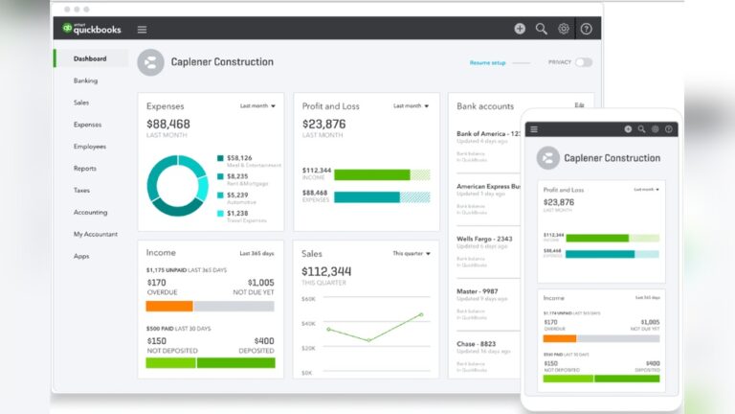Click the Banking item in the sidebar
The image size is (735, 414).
(x=85, y=80)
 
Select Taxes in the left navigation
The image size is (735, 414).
(x=81, y=190)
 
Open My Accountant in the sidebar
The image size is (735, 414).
(x=95, y=234)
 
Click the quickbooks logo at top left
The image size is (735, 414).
(x=92, y=29)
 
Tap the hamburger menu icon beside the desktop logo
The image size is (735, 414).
(x=142, y=30)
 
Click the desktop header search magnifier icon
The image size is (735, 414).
(x=542, y=29)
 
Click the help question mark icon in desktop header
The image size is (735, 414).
(x=586, y=29)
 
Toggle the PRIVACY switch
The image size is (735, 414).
(x=583, y=62)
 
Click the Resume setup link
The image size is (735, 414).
(x=487, y=62)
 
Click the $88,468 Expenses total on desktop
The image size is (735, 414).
(x=167, y=124)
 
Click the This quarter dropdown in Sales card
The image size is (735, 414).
(x=411, y=254)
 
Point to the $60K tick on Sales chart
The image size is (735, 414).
(x=308, y=299)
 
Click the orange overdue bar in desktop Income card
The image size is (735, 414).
(x=169, y=306)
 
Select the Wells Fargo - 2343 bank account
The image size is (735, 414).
(x=484, y=238)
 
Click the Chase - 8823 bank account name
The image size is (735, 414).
(x=476, y=343)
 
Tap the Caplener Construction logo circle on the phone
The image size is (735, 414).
(x=547, y=158)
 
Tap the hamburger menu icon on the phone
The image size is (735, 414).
(x=534, y=129)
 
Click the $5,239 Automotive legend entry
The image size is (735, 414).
(x=237, y=195)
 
